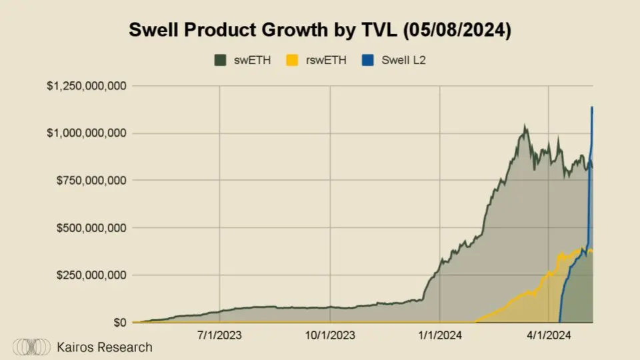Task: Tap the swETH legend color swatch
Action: click(x=220, y=61)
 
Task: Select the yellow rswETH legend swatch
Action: click(x=291, y=61)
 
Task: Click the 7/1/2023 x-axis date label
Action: click(x=219, y=335)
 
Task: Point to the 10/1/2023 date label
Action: click(x=329, y=335)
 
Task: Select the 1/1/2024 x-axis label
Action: click(x=439, y=335)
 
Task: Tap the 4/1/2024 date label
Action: click(x=549, y=335)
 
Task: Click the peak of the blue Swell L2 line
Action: click(x=592, y=107)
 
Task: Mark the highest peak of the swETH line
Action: click(x=525, y=125)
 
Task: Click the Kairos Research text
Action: click(x=105, y=347)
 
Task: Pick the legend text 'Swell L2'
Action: click(x=403, y=61)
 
